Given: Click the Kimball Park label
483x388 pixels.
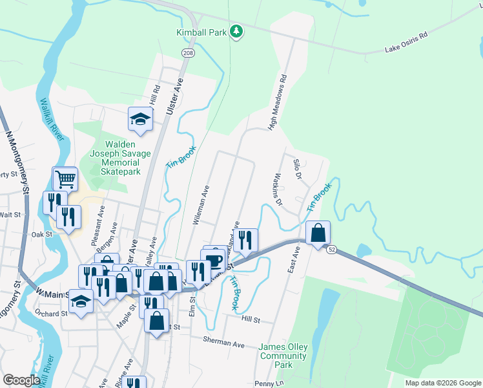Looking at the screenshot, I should (x=202, y=32).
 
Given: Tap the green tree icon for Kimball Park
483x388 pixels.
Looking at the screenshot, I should (x=237, y=31).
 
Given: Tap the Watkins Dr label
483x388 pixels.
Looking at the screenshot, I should (x=278, y=189).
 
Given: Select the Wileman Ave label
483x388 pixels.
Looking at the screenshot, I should (x=201, y=205).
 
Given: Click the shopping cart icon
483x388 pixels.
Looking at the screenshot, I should (x=65, y=178).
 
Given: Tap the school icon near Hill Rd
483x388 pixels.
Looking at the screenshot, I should (x=140, y=118).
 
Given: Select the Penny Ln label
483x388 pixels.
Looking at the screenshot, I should (x=271, y=383).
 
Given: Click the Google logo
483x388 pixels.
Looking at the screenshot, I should (x=21, y=381).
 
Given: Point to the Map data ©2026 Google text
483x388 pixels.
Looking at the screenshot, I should (x=442, y=383).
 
